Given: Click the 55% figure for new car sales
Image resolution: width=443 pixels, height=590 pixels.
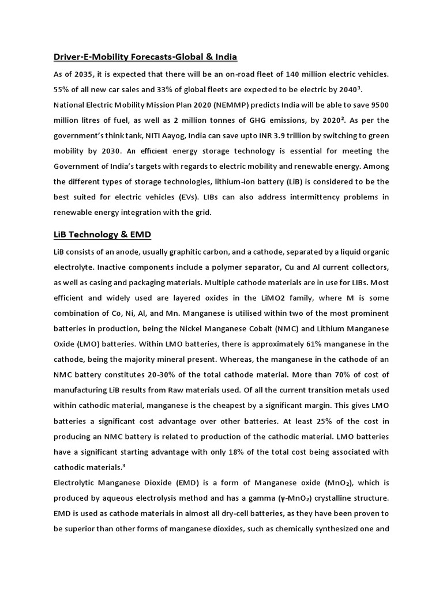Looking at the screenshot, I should (x=62, y=89).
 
